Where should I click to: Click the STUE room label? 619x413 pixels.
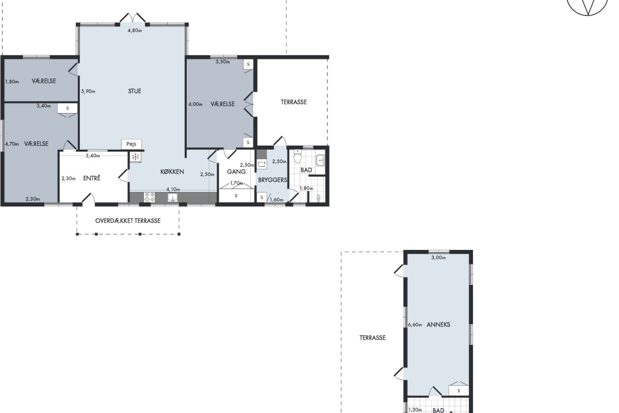coord(135,91)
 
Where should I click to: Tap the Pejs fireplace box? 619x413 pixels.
coord(131,144)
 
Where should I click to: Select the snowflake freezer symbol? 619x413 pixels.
coord(135,157)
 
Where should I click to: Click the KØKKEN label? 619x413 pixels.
coord(172,171)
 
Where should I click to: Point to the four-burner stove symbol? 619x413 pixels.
coord(150,197)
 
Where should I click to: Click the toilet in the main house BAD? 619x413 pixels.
coord(297,156)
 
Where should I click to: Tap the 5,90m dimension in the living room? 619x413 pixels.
coord(88,91)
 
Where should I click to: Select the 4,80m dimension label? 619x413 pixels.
coord(135,30)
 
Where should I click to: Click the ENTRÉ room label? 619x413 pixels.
coord(92,178)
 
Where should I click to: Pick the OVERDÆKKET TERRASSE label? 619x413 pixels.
coord(128,221)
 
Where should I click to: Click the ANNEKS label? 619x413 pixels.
coord(438,325)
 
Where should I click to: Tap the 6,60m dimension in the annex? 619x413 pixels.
coord(415,325)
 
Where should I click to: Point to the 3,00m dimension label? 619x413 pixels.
coord(438,258)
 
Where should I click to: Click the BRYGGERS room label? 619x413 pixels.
coord(272,180)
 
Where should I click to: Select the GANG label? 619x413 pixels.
coord(236,171)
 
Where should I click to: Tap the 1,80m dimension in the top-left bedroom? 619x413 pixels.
coord(12,82)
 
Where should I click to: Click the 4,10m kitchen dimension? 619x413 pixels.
coord(173,189)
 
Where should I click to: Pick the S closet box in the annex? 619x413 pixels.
coord(459,391)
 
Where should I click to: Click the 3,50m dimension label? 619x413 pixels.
coord(222,61)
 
